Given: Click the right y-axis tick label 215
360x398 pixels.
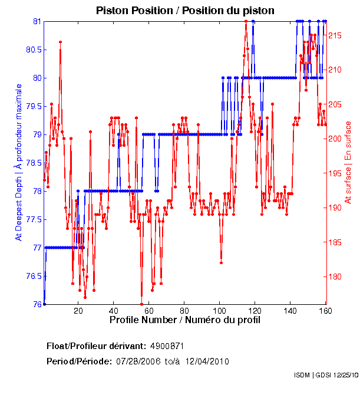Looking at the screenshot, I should coord(335,36).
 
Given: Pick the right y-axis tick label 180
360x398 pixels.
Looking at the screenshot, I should coord(335,277).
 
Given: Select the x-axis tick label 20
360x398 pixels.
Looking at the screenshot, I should coord(78,311).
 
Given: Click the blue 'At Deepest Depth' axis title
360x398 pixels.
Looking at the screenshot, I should coord(19,162).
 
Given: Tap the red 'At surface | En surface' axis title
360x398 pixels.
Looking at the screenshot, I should coord(348,162).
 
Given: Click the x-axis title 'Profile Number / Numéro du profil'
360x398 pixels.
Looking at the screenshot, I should coord(185,320).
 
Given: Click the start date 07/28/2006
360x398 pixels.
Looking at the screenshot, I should coord(140,361).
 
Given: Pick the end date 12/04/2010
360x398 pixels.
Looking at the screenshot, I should coord(206,361).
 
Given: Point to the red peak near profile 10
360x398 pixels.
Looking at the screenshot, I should coord(60,42).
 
